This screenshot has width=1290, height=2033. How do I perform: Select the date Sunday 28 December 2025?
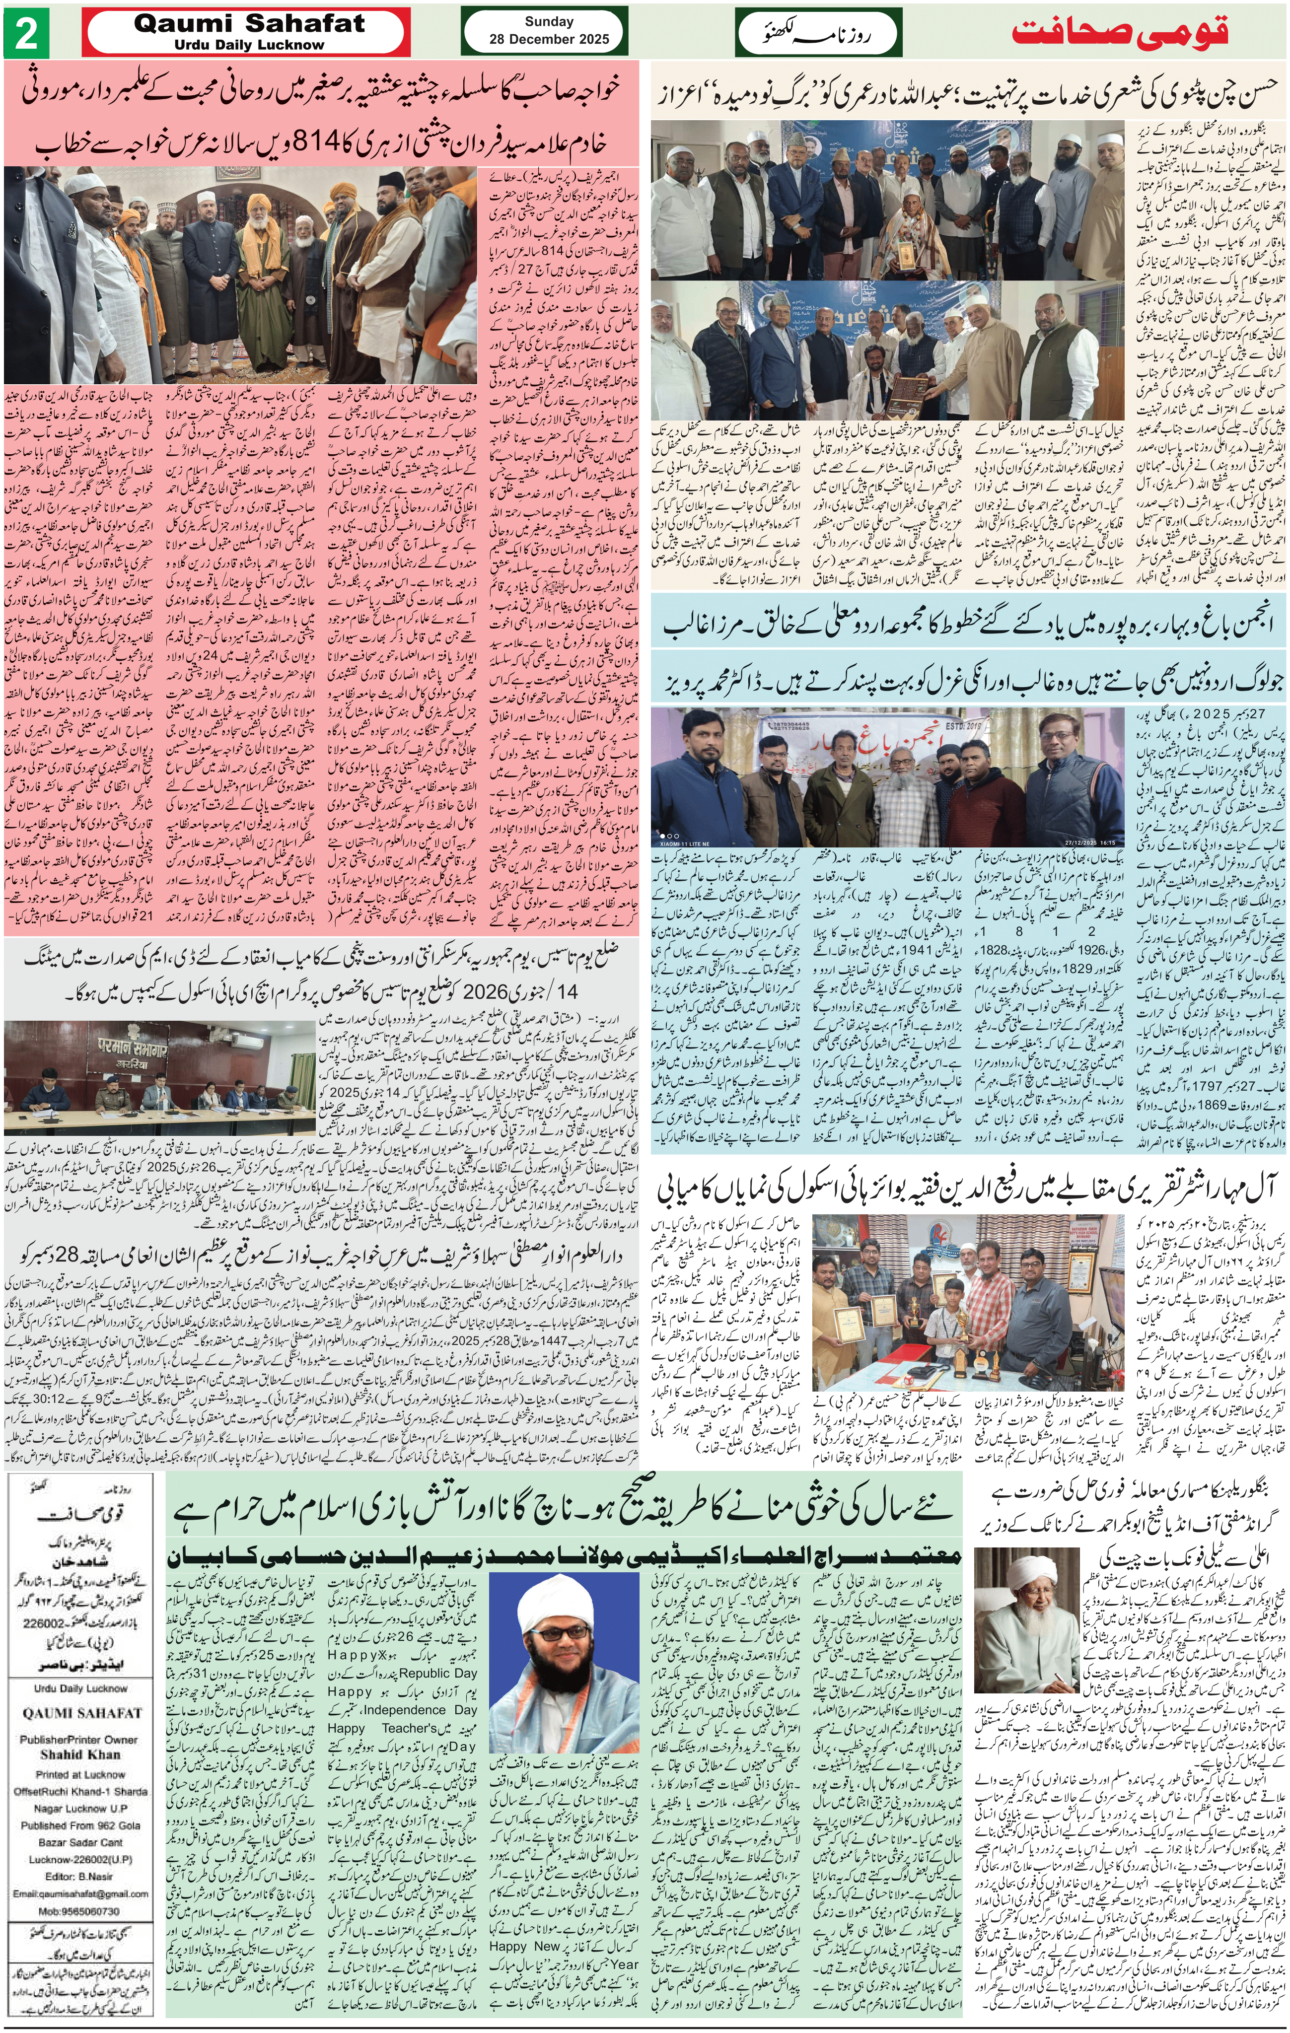click(x=549, y=30)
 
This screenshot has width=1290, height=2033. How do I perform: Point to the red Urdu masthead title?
click(x=1120, y=32)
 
